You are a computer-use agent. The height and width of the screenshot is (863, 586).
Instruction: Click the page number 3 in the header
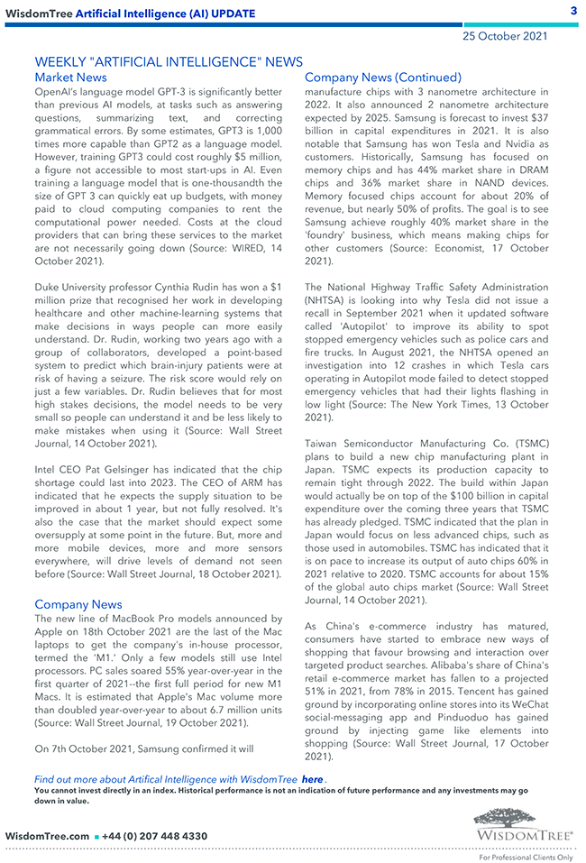pyautogui.click(x=573, y=11)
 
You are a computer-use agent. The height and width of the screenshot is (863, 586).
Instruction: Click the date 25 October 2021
pyautogui.click(x=505, y=36)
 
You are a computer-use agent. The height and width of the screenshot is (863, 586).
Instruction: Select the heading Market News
pyautogui.click(x=70, y=78)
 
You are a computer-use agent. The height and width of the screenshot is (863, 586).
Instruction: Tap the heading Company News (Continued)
pyautogui.click(x=382, y=78)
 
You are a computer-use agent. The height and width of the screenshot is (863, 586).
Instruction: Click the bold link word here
pyautogui.click(x=312, y=779)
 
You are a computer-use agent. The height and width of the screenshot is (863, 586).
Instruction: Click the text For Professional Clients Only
pyautogui.click(x=526, y=857)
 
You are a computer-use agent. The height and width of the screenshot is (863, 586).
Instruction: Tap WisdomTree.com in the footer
pyautogui.click(x=47, y=836)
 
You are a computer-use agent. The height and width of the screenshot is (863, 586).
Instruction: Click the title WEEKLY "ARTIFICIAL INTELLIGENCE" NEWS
pyautogui.click(x=169, y=61)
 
